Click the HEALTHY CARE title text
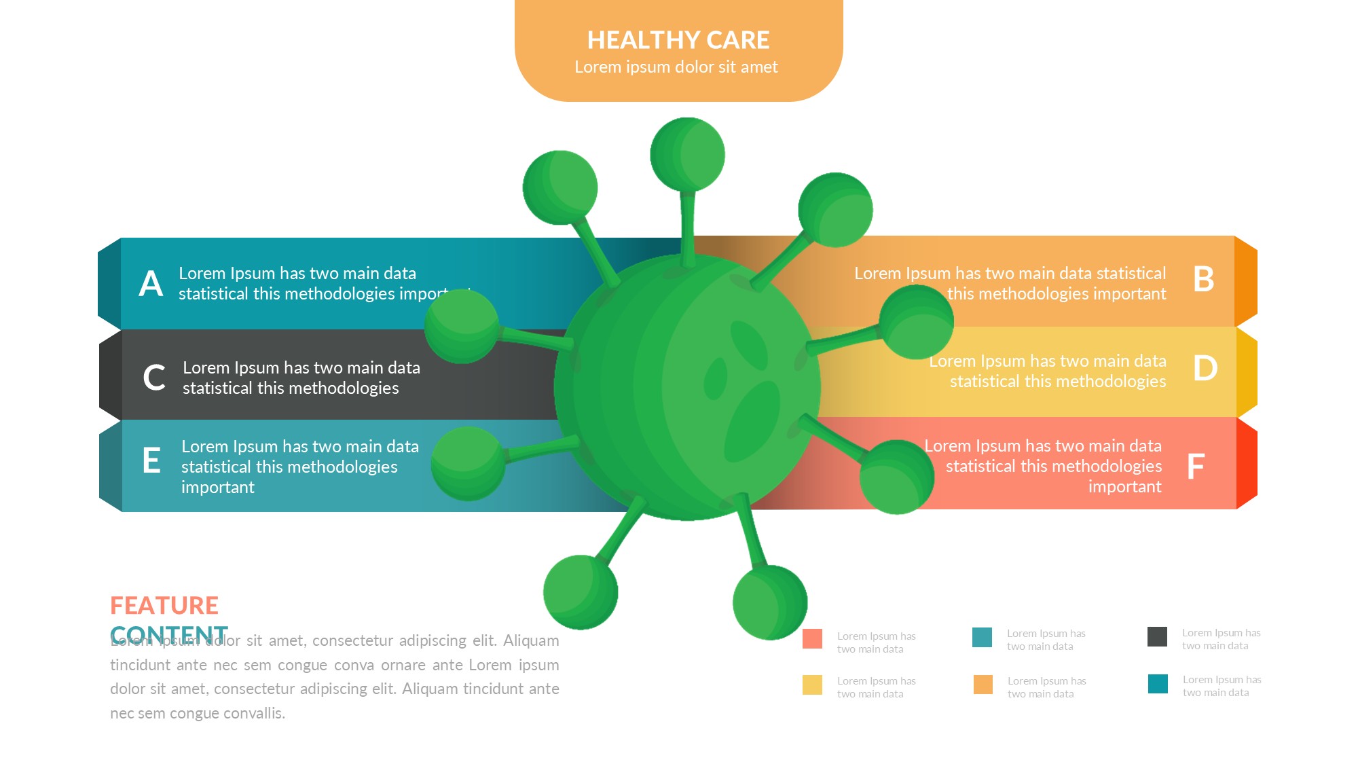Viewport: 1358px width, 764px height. pos(678,40)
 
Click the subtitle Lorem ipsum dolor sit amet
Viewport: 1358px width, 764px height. pos(676,67)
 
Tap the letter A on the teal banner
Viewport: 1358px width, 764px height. pos(151,284)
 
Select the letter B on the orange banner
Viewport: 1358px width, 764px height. pos(1204,279)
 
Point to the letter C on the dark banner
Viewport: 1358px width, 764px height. pos(154,378)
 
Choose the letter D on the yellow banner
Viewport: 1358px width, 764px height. pos(1205,368)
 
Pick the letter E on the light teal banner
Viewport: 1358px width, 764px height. pos(151,460)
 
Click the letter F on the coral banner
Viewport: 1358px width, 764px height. pos(1196,467)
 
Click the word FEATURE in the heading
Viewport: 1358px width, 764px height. pos(164,605)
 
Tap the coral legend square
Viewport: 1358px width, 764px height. pos(812,639)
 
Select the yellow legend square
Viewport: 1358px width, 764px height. pos(812,685)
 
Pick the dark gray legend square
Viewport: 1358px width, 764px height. pos(1157,637)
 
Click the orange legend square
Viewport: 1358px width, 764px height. pos(983,685)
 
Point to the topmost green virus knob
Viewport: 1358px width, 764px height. pos(687,155)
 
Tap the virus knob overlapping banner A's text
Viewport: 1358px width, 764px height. pos(462,326)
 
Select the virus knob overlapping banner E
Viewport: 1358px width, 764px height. pos(469,463)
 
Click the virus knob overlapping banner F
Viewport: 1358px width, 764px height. pos(896,477)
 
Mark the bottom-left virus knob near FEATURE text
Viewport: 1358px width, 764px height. pos(581,592)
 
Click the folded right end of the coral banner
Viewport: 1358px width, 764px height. pos(1247,463)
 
